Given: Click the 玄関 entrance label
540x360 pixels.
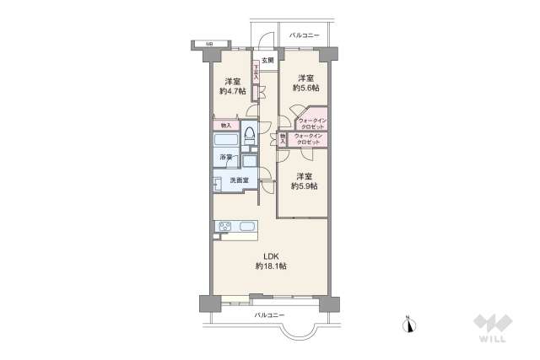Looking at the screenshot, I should click(x=267, y=60).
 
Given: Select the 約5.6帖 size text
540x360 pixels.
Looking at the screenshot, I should click(x=305, y=87).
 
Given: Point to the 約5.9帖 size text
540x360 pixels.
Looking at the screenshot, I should click(x=305, y=186).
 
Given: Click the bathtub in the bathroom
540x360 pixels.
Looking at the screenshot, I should click(x=225, y=139).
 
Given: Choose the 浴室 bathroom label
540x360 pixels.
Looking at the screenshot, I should click(x=225, y=158).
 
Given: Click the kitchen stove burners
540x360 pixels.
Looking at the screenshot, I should click(x=226, y=225).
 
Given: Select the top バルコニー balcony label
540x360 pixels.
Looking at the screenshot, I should click(x=304, y=36).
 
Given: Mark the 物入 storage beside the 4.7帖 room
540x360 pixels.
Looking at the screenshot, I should click(x=225, y=126).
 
